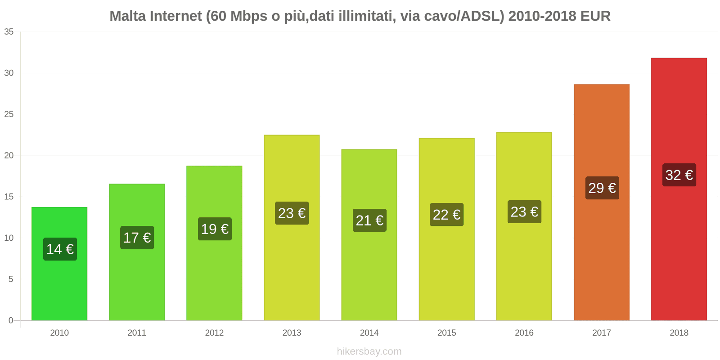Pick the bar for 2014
(369, 270)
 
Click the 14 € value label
(60, 249)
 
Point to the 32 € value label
(679, 175)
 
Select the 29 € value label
(602, 188)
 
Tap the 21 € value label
(369, 220)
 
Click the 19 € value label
(215, 229)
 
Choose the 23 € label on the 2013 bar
(292, 213)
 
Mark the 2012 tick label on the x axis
(214, 333)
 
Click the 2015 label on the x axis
(446, 333)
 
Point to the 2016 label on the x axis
(524, 333)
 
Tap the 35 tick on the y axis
(9, 32)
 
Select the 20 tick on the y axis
(9, 156)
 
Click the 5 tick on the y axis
(11, 279)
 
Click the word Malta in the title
(127, 16)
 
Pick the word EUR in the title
(595, 16)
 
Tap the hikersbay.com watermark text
(369, 351)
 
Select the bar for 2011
(137, 279)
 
